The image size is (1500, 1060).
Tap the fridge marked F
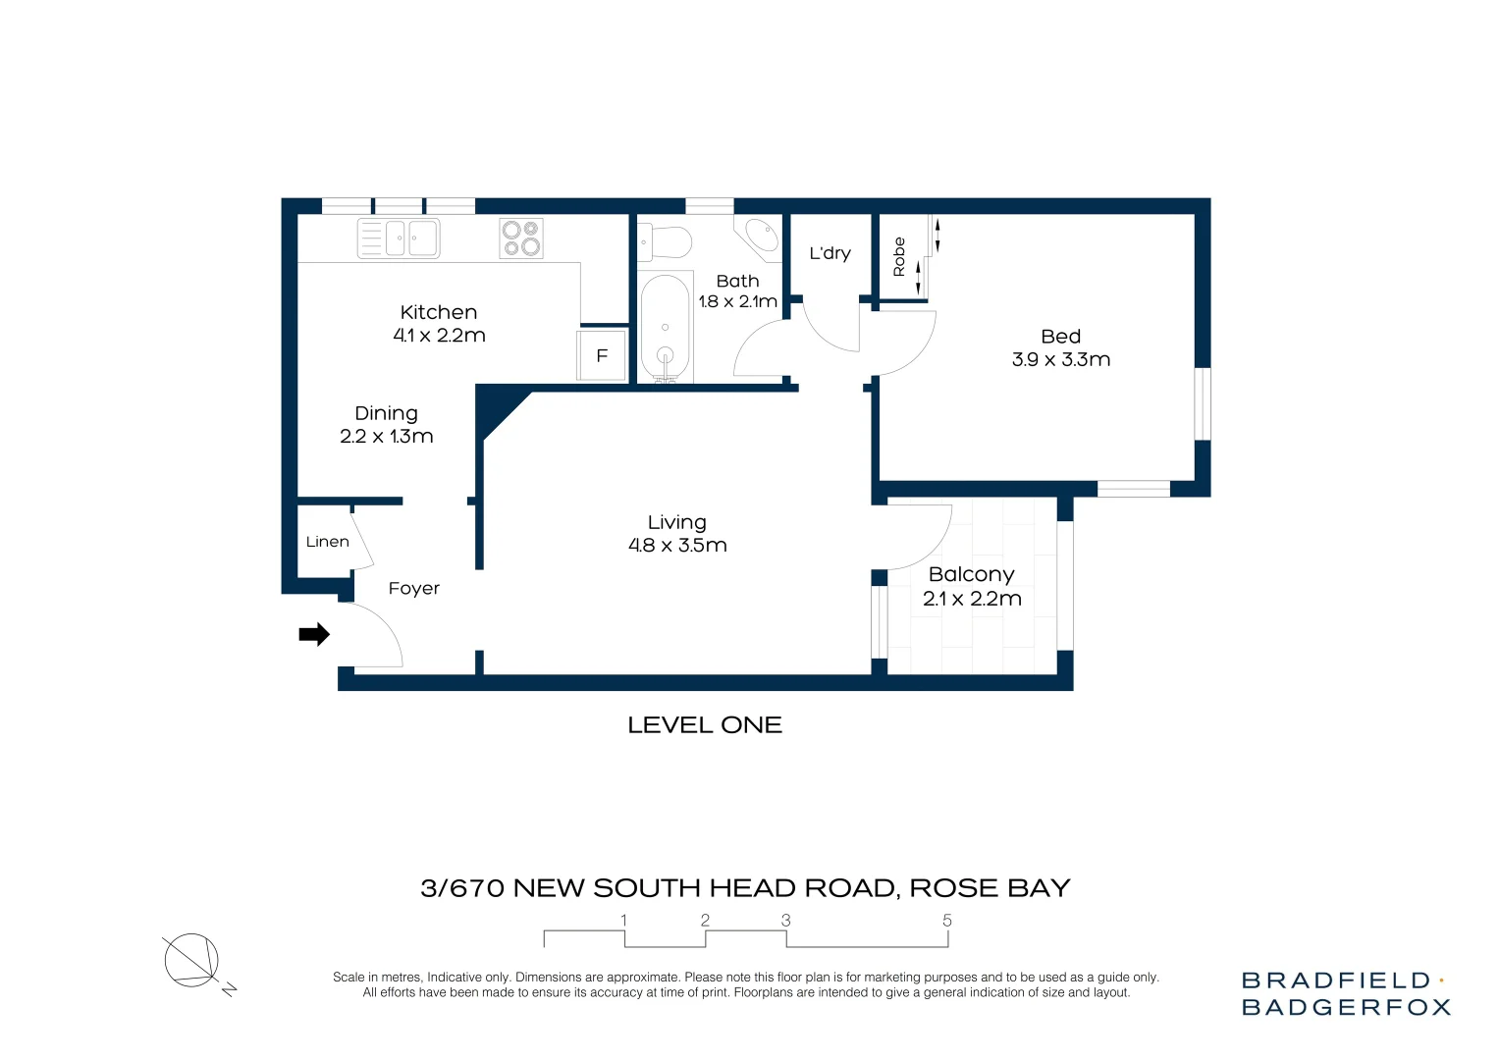pyautogui.click(x=602, y=356)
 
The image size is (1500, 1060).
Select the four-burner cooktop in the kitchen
pyautogui.click(x=521, y=238)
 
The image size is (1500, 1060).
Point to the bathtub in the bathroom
pyautogui.click(x=665, y=327)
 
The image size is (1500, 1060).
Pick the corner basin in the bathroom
pyautogui.click(x=760, y=236)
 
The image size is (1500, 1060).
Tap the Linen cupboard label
pyautogui.click(x=327, y=542)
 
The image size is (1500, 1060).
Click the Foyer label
pyautogui.click(x=413, y=589)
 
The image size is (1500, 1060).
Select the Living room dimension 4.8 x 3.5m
pyautogui.click(x=677, y=546)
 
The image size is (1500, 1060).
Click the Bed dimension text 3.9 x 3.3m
pyautogui.click(x=1060, y=360)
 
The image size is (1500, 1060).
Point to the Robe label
pyautogui.click(x=899, y=256)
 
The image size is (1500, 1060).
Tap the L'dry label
pyautogui.click(x=830, y=253)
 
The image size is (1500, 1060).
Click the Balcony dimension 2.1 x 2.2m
pyautogui.click(x=972, y=599)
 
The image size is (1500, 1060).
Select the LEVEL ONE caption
pyautogui.click(x=705, y=725)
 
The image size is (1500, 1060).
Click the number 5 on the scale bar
pyautogui.click(x=947, y=921)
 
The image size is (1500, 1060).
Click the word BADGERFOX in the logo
pyautogui.click(x=1346, y=1007)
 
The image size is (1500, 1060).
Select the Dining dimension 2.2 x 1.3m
pyautogui.click(x=387, y=437)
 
